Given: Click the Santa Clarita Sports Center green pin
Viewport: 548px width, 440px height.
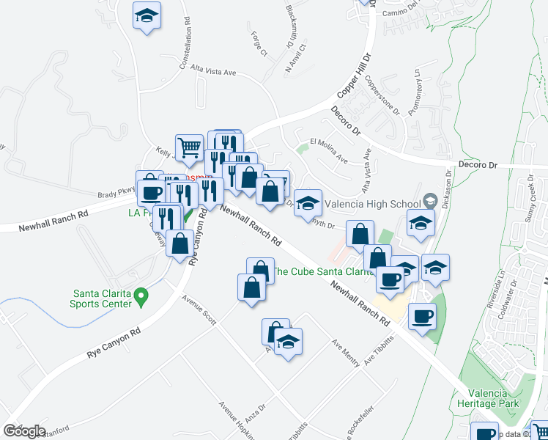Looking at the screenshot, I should [144, 296].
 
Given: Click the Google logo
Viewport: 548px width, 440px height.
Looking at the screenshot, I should [24, 431].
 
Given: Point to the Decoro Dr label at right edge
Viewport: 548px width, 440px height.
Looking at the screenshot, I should [478, 165].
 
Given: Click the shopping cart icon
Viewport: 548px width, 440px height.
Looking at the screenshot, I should [189, 146].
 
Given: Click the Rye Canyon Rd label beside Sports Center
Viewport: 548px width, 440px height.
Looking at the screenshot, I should [114, 342].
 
